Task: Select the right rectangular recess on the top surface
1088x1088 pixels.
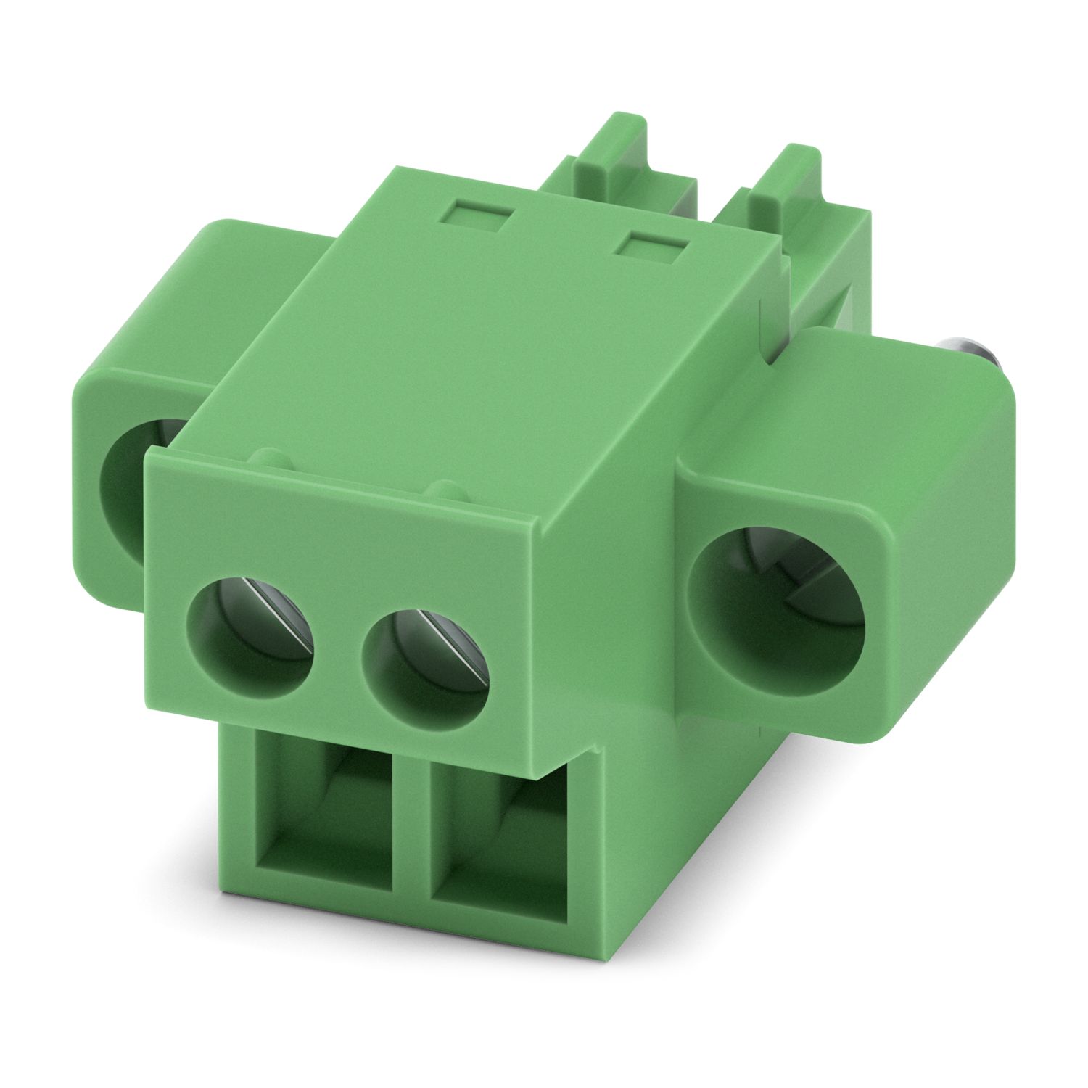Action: click(651, 245)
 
